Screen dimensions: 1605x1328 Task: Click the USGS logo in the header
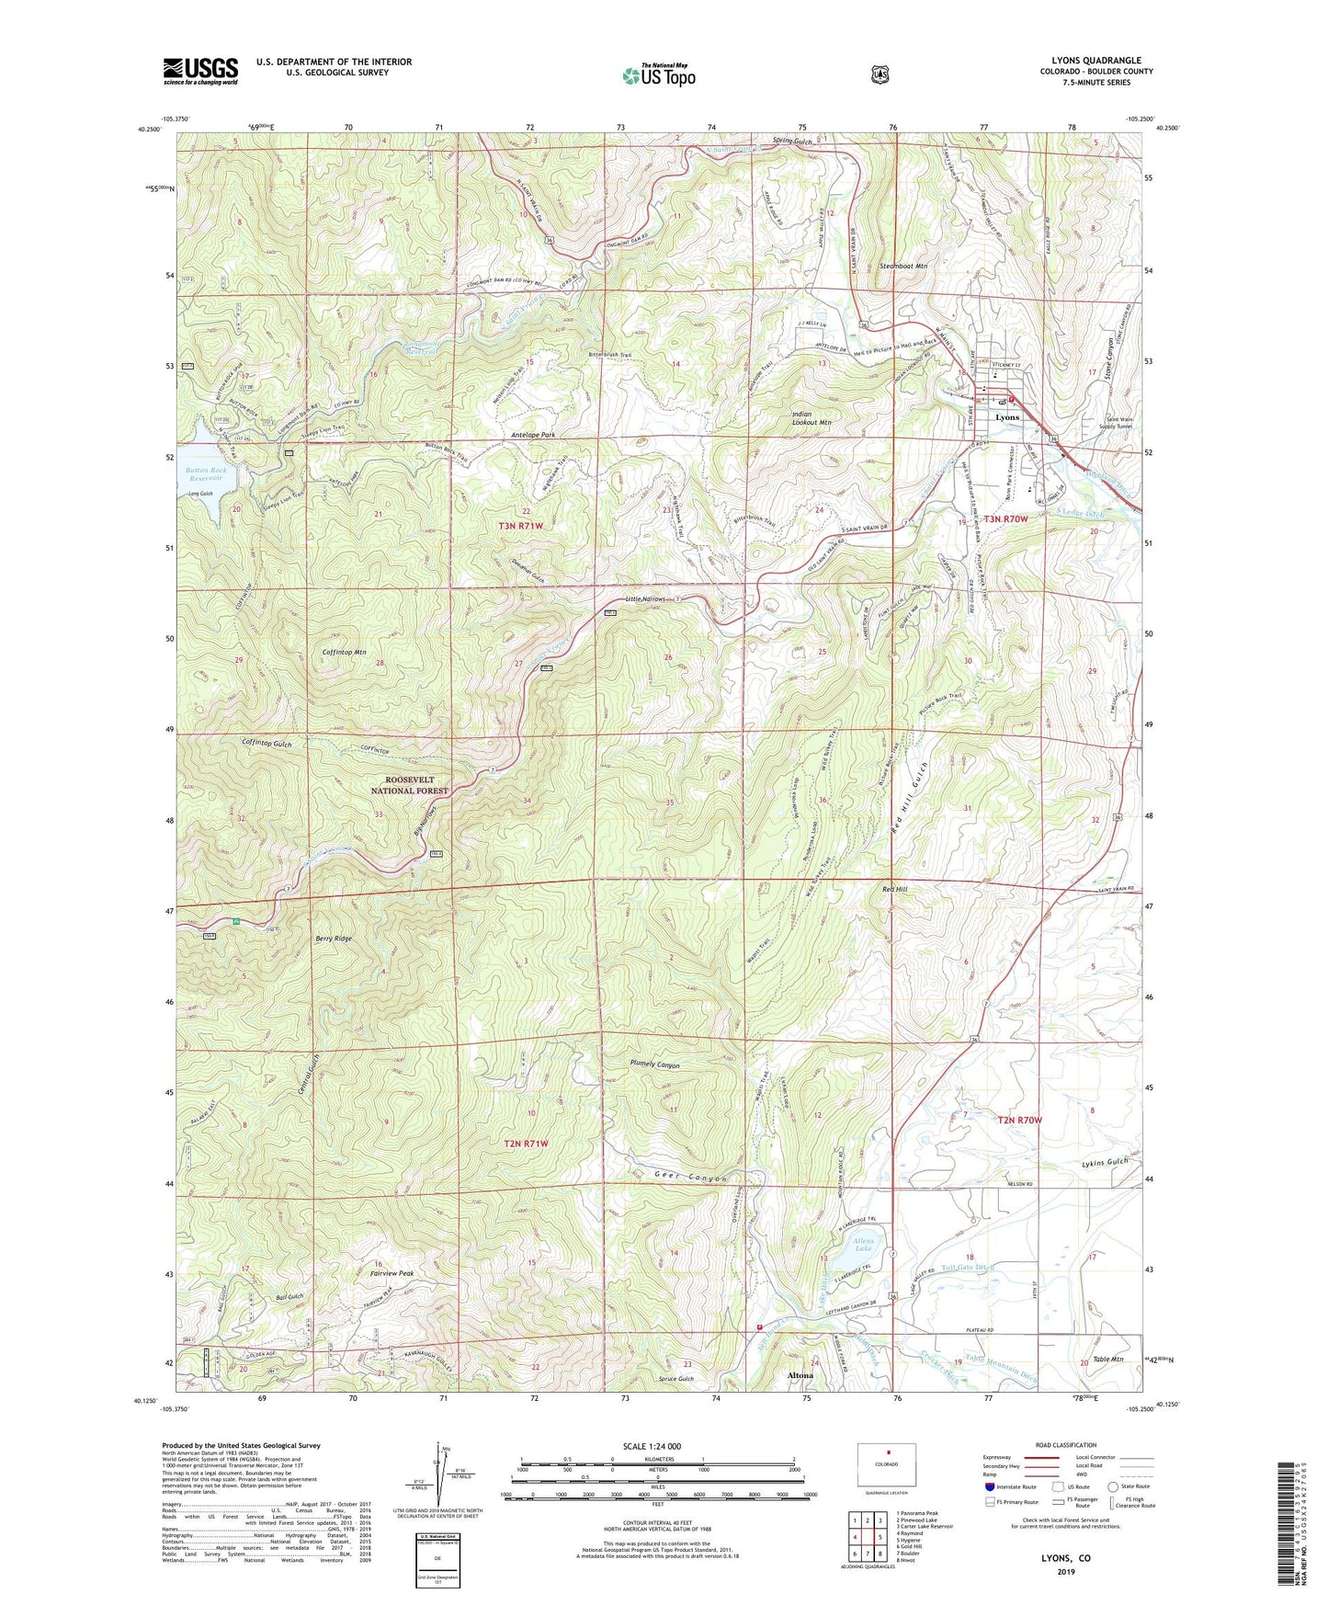click(x=200, y=71)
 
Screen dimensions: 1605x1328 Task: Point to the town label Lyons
click(x=1007, y=417)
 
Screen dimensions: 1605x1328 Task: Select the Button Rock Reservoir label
click(x=205, y=474)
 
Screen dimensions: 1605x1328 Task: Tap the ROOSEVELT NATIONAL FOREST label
click(x=410, y=785)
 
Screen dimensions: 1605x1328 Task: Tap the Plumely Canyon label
click(x=654, y=1065)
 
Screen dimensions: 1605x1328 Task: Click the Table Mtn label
click(x=1109, y=1360)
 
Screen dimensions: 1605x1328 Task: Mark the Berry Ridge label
click(x=330, y=939)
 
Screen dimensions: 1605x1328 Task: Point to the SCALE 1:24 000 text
click(x=652, y=1447)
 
